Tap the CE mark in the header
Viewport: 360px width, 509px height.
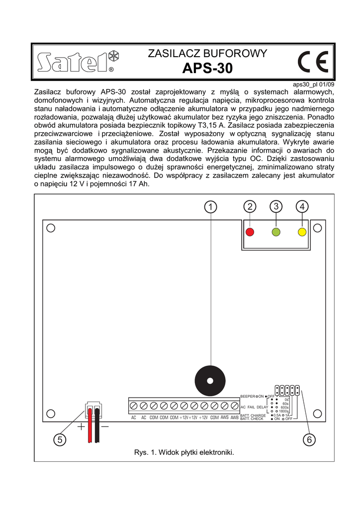pyautogui.click(x=313, y=63)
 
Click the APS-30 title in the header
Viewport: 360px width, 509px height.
pyautogui.click(x=207, y=68)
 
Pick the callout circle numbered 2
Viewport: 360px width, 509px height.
pyautogui.click(x=250, y=206)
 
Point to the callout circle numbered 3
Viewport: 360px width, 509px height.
pyautogui.click(x=276, y=206)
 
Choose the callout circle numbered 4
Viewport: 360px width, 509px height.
pyautogui.click(x=301, y=206)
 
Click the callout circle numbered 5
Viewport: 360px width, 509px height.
pyautogui.click(x=59, y=439)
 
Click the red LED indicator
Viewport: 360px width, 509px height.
pyautogui.click(x=250, y=232)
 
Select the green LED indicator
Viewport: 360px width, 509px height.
pyautogui.click(x=276, y=232)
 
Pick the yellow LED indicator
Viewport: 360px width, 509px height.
pyautogui.click(x=301, y=232)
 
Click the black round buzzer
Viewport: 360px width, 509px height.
pyautogui.click(x=210, y=381)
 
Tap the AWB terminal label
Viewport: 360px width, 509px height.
pyautogui.click(x=234, y=418)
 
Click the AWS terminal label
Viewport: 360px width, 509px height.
pyautogui.click(x=224, y=418)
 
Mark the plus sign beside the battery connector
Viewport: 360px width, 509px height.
pyautogui.click(x=81, y=426)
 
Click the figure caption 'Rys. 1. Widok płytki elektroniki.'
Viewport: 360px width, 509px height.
pyautogui.click(x=184, y=452)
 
